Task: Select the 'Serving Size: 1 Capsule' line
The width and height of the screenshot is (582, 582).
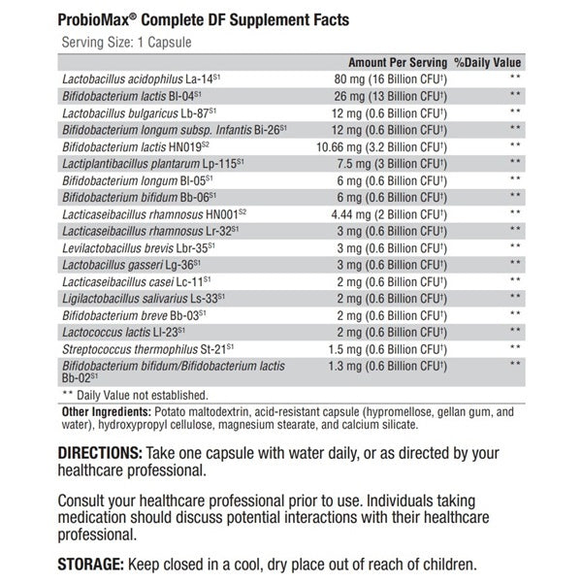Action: [126, 43]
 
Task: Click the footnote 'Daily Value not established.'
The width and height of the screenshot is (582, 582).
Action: [141, 395]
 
